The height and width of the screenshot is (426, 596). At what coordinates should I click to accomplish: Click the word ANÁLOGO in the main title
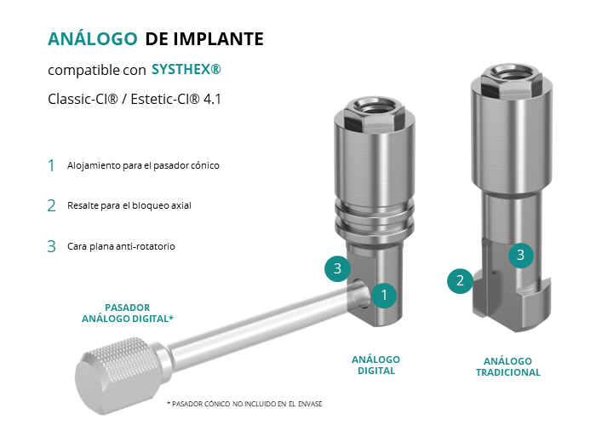click(x=92, y=38)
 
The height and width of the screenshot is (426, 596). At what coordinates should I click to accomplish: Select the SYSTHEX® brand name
click(x=186, y=69)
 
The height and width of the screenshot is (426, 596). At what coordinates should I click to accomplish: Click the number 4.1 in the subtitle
click(x=212, y=100)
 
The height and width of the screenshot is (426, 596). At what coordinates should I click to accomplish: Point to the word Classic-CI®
click(x=83, y=100)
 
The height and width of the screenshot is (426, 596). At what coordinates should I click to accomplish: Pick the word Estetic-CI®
click(x=165, y=100)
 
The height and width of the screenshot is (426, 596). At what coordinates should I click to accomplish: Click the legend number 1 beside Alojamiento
click(x=51, y=165)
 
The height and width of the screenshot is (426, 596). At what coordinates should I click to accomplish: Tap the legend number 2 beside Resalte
click(x=51, y=206)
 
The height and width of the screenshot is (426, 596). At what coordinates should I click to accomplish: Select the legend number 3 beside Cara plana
click(x=51, y=246)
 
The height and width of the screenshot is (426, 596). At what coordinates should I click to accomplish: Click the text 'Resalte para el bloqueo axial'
click(x=129, y=205)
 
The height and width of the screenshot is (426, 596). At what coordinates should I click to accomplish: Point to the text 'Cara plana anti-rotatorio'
click(x=121, y=246)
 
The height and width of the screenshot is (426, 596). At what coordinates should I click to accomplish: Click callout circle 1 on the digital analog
click(x=384, y=295)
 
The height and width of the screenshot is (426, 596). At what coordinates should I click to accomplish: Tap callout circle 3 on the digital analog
click(x=337, y=268)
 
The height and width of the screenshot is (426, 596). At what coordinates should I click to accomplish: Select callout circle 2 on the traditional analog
click(x=461, y=280)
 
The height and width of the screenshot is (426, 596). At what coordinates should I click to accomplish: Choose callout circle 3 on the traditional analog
click(x=521, y=255)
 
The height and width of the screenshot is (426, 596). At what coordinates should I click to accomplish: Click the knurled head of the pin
click(x=118, y=376)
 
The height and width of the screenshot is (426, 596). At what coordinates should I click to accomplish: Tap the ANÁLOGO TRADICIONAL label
click(x=507, y=366)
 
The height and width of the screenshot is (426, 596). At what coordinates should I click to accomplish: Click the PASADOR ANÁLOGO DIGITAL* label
click(x=128, y=313)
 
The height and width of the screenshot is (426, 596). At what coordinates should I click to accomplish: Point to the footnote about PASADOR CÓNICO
click(x=244, y=404)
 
